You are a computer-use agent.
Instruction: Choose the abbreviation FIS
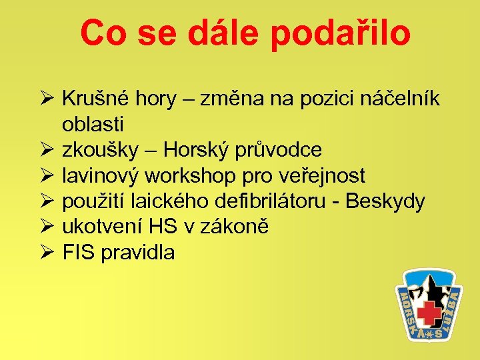79,252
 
